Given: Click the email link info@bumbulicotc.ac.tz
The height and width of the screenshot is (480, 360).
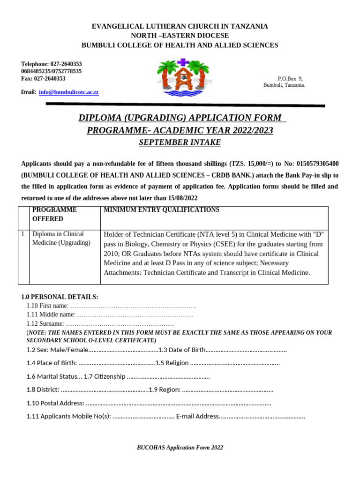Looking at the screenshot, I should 68,92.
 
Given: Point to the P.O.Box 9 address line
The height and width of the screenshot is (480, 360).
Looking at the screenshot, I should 290,79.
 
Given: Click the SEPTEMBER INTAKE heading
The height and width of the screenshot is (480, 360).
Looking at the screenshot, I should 180,142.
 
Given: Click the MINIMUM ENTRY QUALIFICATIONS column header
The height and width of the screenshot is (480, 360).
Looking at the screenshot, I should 161,210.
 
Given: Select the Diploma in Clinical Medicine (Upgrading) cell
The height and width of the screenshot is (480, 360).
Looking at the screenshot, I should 61,238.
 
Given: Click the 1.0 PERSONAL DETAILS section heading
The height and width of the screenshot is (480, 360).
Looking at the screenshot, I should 60,297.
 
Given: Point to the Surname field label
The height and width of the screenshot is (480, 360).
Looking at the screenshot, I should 45,324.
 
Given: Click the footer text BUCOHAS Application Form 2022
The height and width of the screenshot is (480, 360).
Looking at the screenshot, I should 180,448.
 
